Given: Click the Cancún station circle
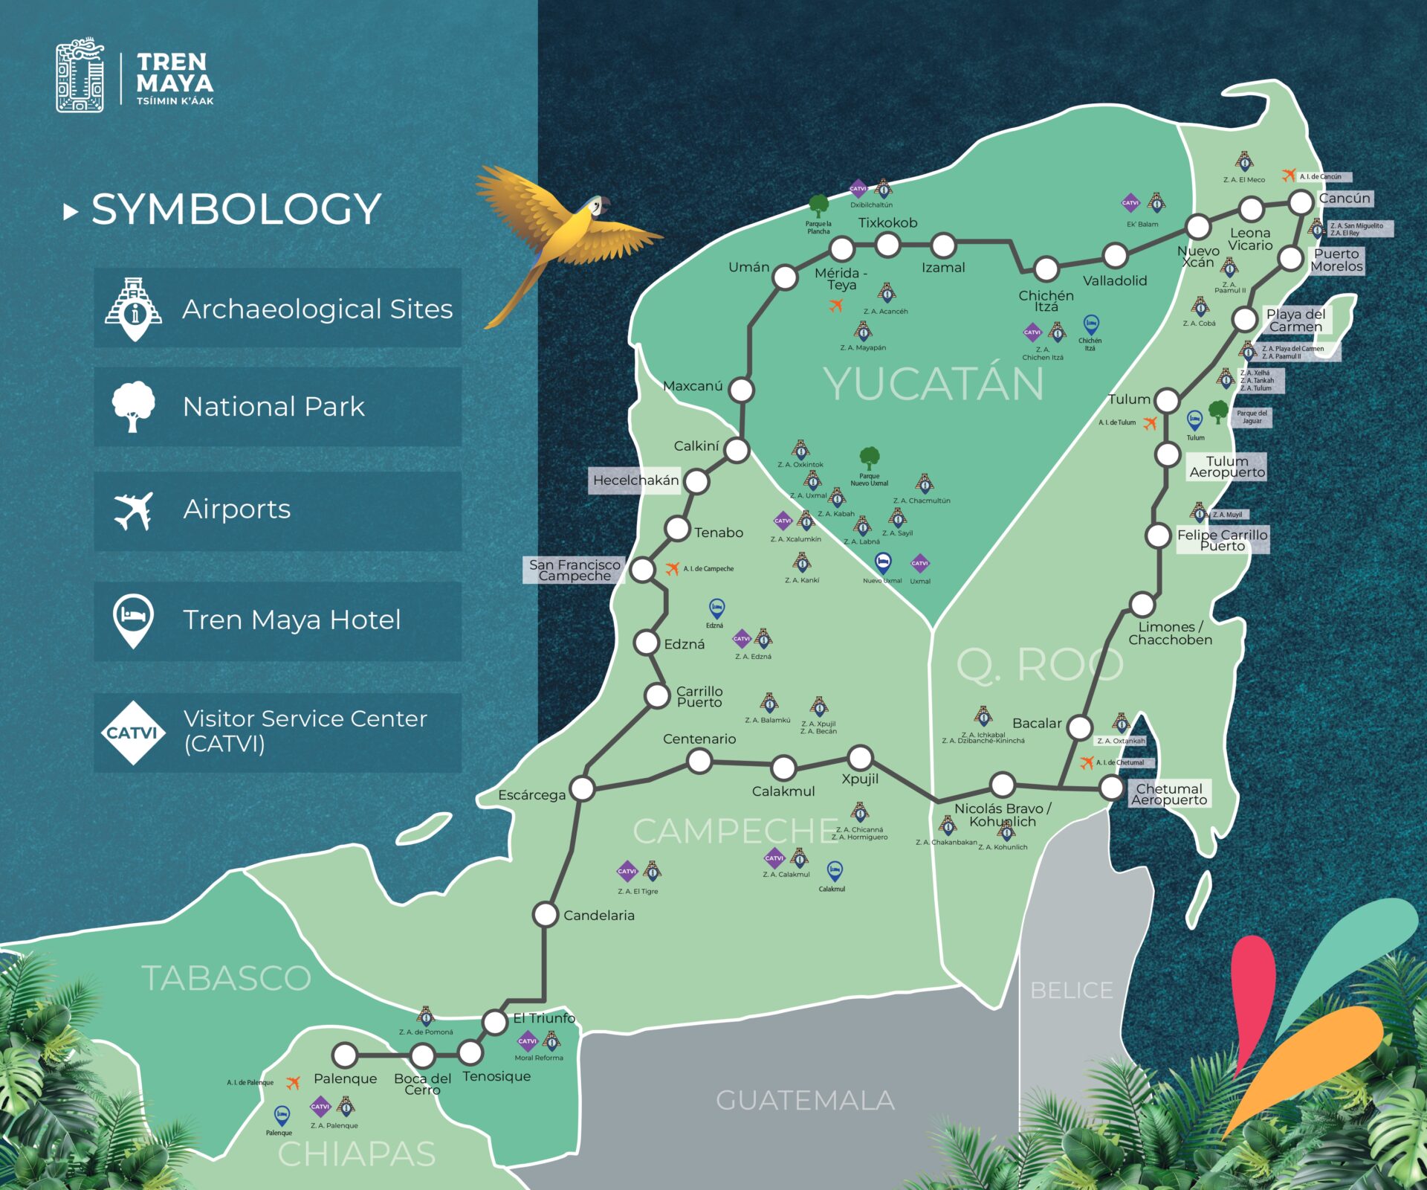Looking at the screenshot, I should (1301, 202).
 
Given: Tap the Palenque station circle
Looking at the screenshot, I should (345, 1055).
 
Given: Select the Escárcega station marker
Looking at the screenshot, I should (582, 788).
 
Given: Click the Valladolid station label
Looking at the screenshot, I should (1114, 280).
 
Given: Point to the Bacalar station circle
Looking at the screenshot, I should (1079, 727).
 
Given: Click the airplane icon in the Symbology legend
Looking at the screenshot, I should (133, 511).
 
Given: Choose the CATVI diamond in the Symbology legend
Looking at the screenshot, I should (132, 733).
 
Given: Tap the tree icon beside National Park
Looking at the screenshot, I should (133, 406).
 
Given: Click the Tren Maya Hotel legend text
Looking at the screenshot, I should (291, 620).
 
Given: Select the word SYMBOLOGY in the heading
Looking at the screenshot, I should (236, 209).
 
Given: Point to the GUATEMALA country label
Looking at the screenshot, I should (805, 1100).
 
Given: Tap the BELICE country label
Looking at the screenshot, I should (1071, 990).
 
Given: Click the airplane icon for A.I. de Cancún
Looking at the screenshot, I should (1288, 176).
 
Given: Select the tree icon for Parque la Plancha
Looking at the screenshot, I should (818, 206).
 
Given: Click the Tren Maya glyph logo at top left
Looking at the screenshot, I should (80, 75).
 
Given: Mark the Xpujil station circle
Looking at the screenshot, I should (860, 758).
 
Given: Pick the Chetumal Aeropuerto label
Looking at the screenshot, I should (1169, 794).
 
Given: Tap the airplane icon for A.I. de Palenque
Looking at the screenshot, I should (294, 1082).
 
